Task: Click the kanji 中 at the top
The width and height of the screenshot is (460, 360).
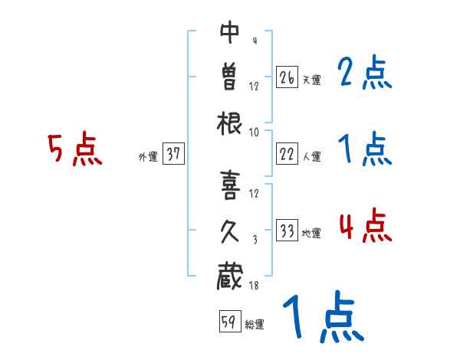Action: click(230, 32)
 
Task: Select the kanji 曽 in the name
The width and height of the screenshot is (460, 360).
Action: click(230, 76)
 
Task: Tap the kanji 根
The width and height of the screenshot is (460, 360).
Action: click(230, 123)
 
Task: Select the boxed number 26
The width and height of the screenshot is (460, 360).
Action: click(287, 77)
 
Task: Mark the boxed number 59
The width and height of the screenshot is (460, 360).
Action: click(228, 322)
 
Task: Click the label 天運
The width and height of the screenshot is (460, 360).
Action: click(311, 80)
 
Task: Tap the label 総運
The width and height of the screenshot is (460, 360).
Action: click(254, 325)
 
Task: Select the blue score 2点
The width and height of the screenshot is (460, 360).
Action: click(364, 75)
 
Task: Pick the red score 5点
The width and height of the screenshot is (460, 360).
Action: click(74, 149)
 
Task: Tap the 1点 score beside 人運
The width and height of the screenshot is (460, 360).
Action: click(364, 149)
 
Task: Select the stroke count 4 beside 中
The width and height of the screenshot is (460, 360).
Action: click(254, 41)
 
